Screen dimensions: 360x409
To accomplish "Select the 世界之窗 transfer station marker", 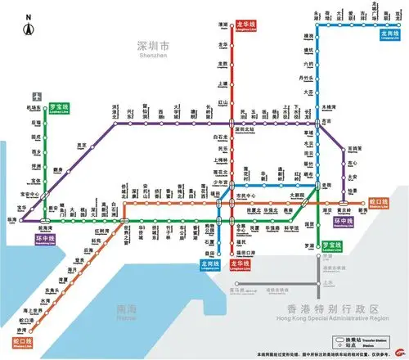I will coord(124,221).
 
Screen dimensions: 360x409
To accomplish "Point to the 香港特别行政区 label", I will coord(330,308).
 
